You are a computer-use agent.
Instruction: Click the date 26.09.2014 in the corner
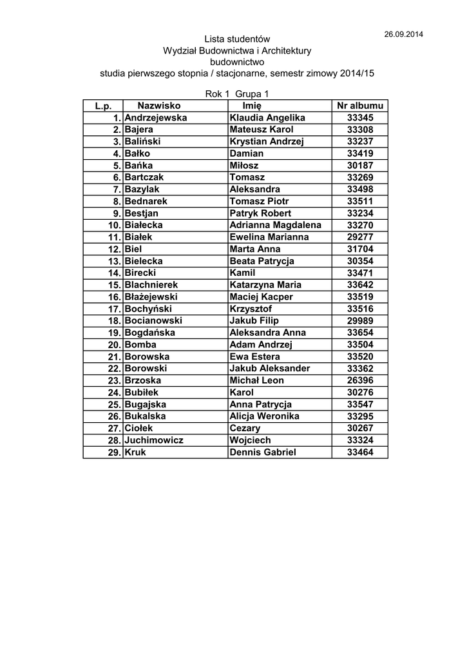(404, 34)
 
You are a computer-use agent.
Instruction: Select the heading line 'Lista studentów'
(237, 40)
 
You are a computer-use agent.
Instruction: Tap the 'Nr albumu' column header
(360, 106)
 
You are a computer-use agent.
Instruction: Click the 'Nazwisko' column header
(159, 106)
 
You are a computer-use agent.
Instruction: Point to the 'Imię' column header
(252, 106)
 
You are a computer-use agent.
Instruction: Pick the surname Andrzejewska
(156, 118)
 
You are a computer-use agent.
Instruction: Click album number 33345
(360, 118)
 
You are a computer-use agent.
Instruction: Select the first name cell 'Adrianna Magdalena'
(275, 225)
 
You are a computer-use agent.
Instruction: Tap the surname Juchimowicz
(154, 440)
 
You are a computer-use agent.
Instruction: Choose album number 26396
(360, 380)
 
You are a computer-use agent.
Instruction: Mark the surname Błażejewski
(151, 296)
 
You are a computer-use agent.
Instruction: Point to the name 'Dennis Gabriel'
(263, 452)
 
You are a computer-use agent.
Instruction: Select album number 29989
(360, 320)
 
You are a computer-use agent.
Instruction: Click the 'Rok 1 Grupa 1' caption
(236, 94)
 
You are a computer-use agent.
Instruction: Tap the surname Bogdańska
(150, 333)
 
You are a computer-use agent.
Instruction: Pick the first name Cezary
(245, 428)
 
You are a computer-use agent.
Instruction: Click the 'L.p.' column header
(103, 106)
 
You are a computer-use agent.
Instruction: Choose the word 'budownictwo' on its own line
(237, 62)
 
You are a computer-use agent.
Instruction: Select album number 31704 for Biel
(360, 249)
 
